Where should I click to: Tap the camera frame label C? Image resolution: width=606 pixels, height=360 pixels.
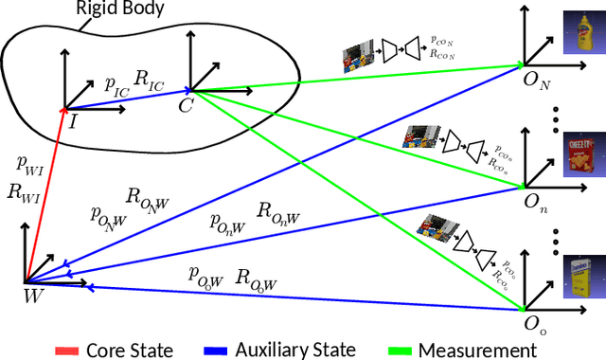(x=185, y=105)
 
